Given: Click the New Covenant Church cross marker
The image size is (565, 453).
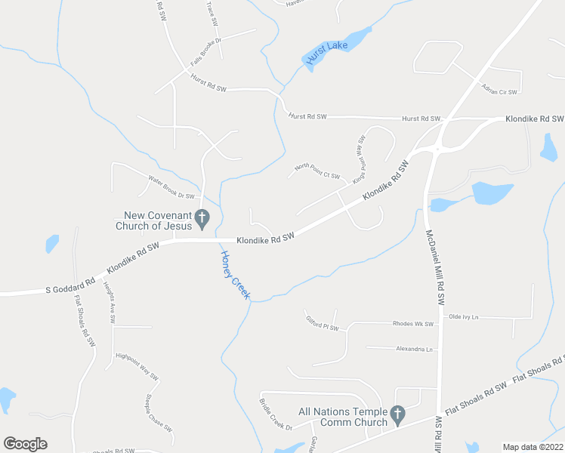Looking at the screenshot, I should (202, 218).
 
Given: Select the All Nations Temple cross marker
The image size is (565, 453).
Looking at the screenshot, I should (398, 414).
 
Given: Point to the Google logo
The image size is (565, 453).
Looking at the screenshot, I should (25, 444).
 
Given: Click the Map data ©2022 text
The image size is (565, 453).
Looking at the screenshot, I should (533, 446).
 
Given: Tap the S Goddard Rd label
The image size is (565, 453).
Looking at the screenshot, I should (69, 285).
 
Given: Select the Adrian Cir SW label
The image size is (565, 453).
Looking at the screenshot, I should (499, 90).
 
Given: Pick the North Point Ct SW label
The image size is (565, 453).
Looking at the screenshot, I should (317, 171).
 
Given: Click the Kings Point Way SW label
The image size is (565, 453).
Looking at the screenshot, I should (359, 158).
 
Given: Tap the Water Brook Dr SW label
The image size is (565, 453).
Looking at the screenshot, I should (171, 189).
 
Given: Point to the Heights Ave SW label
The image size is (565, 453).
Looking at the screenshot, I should (110, 306).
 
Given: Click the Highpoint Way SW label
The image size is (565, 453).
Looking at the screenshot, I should (137, 365).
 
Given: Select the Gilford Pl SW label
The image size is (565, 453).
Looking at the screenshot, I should (323, 324).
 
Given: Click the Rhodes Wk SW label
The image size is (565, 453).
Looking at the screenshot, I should (413, 324).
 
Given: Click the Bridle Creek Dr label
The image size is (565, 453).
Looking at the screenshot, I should (276, 414).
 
